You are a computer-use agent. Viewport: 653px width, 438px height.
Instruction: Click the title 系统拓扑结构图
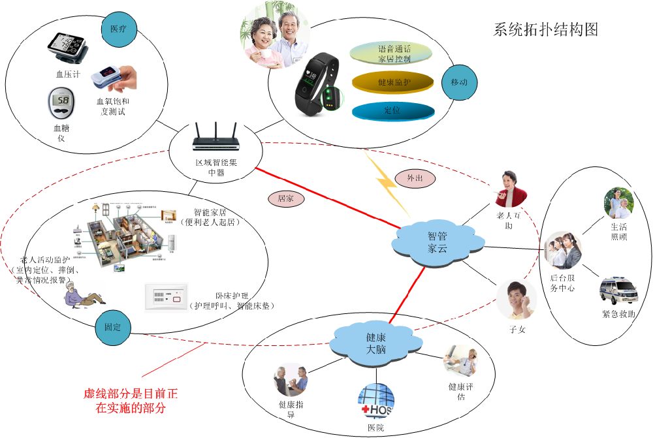(545, 30)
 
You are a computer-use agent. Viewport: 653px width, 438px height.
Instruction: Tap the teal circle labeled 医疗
(119, 29)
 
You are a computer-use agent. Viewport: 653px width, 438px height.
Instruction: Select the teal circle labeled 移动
(459, 82)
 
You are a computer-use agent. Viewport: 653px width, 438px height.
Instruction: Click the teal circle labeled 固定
(113, 326)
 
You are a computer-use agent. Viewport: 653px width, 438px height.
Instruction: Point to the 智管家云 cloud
(438, 242)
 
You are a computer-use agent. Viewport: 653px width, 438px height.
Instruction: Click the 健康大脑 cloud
(375, 343)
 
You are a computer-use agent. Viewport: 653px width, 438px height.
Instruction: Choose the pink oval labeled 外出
(415, 178)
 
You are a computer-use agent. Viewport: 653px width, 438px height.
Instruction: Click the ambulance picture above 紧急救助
(617, 291)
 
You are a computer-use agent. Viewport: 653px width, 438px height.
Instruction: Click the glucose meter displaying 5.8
(61, 102)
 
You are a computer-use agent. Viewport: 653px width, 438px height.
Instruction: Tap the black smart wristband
(317, 86)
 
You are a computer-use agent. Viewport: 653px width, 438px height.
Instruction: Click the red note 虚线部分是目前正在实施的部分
(131, 401)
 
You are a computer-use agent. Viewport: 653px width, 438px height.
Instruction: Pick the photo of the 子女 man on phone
(516, 300)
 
